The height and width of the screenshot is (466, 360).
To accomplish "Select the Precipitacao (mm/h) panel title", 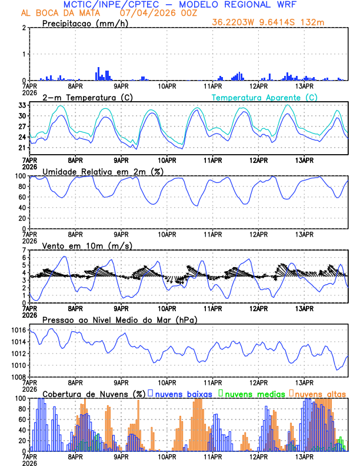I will (84, 24).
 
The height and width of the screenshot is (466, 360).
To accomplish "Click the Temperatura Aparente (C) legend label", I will (265, 97).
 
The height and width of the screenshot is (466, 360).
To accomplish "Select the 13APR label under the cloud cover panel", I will (304, 457).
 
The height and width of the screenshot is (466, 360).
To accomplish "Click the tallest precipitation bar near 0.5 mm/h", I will (98, 74).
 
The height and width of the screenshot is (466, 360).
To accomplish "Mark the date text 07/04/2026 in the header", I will (147, 12).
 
